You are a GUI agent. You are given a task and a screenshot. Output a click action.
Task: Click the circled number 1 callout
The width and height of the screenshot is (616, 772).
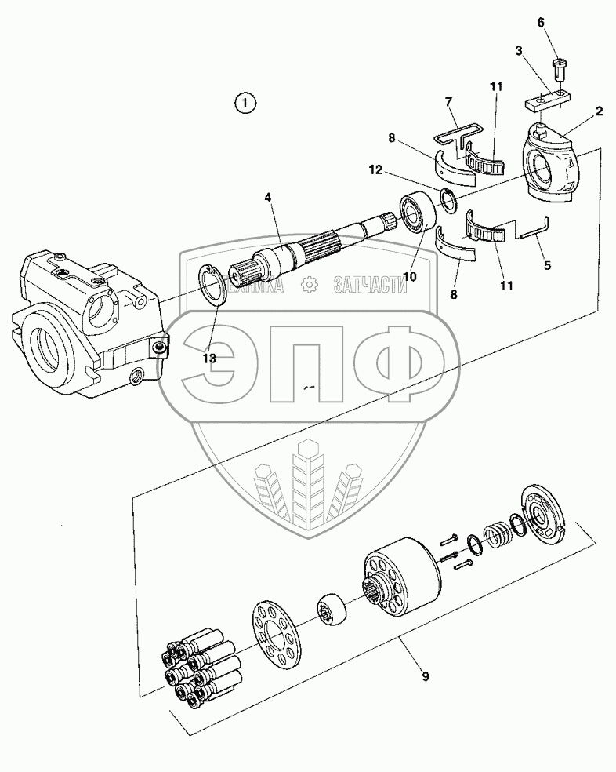coord(245,102)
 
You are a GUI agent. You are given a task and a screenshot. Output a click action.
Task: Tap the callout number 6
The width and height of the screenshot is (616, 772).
coord(539,24)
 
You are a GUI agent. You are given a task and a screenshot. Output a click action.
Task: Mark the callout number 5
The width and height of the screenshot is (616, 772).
coord(546,265)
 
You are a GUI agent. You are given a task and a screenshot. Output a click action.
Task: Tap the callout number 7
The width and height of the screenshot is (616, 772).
coord(448,102)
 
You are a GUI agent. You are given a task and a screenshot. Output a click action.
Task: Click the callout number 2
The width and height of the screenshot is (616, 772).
coord(599,111)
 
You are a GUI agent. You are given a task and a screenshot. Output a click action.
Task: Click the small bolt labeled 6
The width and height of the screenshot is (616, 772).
coord(559,67)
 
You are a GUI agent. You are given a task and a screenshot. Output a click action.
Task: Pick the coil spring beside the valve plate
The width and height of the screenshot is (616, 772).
coord(497,537)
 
